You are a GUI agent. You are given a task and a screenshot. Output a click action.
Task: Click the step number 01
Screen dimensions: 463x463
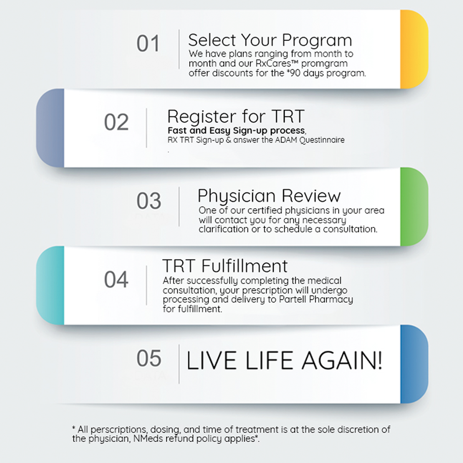[x=148, y=43]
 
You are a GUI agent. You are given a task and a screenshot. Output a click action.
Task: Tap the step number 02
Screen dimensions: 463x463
[x=116, y=122]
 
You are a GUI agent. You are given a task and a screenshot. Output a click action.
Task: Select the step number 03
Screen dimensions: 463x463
[x=149, y=201]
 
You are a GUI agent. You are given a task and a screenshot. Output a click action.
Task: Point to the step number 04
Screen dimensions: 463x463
[x=116, y=279]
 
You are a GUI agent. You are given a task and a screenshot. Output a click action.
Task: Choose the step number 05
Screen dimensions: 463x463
[x=149, y=358]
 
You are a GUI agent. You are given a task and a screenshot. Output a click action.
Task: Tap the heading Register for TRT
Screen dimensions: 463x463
[x=236, y=116]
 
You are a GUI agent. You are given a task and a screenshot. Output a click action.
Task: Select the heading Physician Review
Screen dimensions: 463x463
[x=269, y=196]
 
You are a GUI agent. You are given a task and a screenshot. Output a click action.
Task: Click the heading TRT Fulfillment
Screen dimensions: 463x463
[x=225, y=266]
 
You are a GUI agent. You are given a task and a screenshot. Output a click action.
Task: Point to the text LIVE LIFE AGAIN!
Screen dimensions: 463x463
[x=284, y=360]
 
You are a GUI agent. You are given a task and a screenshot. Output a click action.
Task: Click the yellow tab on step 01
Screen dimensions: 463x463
[x=414, y=49]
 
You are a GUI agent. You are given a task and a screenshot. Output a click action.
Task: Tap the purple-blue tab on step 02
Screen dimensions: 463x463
[x=50, y=128]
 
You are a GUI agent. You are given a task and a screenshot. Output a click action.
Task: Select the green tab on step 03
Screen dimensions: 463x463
[x=414, y=207]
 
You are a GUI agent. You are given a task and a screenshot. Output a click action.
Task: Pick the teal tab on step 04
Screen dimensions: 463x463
[x=50, y=285]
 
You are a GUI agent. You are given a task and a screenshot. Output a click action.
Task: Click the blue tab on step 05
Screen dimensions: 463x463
[x=414, y=364]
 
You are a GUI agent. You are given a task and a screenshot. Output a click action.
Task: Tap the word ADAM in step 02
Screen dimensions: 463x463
[x=286, y=140]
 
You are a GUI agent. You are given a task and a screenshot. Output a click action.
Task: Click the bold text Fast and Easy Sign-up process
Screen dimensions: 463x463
[x=236, y=130]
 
